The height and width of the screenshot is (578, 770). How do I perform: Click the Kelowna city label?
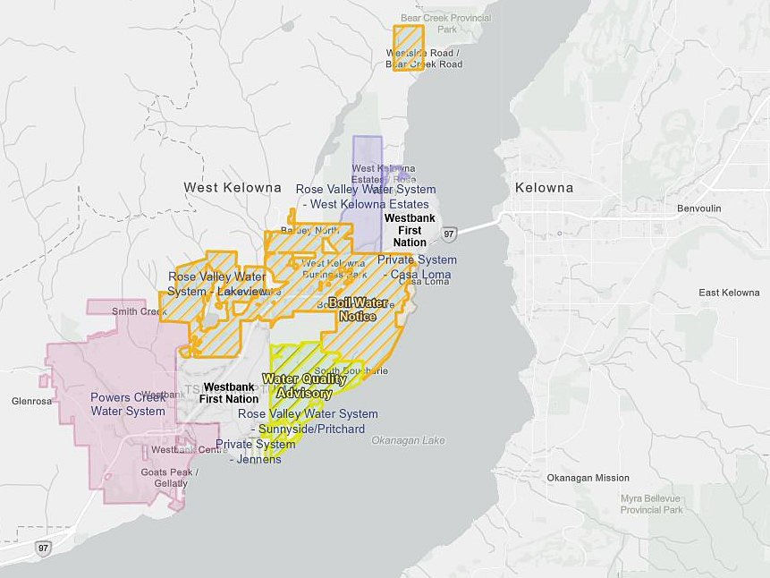pyautogui.click(x=544, y=188)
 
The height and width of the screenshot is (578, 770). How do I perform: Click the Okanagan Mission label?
pyautogui.click(x=588, y=478)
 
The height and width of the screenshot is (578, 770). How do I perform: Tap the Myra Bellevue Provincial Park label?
pyautogui.click(x=651, y=504)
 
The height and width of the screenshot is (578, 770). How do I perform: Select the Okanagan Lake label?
pyautogui.click(x=408, y=440)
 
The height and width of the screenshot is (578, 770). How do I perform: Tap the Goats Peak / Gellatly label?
pyautogui.click(x=165, y=478)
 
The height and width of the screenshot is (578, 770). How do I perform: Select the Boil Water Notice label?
pyautogui.click(x=358, y=310)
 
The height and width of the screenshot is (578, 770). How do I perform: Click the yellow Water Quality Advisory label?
pyautogui.click(x=303, y=386)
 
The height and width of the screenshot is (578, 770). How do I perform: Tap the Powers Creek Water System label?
pyautogui.click(x=128, y=404)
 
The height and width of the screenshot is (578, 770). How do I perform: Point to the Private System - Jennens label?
pyautogui.click(x=255, y=451)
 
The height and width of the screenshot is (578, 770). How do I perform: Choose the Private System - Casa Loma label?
pyautogui.click(x=417, y=266)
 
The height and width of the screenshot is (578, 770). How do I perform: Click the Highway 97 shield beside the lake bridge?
pyautogui.click(x=449, y=234)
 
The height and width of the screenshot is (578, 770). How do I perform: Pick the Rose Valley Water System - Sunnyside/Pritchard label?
pyautogui.click(x=308, y=421)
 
